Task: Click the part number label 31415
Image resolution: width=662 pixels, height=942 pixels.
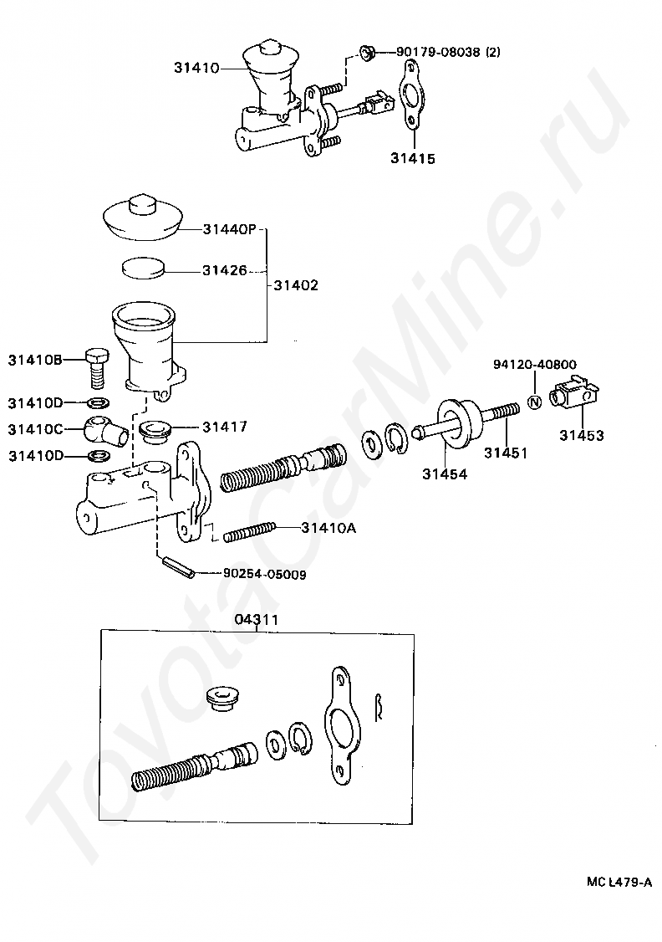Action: pos(412,156)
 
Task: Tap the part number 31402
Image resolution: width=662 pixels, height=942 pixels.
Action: pos(296,285)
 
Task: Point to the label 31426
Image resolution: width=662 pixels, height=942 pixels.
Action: pos(223,270)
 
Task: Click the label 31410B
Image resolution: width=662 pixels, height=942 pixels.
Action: pos(35,361)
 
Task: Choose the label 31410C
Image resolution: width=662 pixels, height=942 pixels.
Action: pos(35,429)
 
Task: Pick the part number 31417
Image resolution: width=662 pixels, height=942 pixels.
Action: pos(224,427)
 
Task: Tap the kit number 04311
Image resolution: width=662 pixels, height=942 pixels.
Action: pos(256,619)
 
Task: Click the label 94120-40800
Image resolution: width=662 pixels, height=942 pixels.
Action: pos(535,365)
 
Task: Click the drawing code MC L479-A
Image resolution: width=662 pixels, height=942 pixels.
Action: pos(619,882)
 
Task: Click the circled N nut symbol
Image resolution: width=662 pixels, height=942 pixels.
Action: pos(536,402)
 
